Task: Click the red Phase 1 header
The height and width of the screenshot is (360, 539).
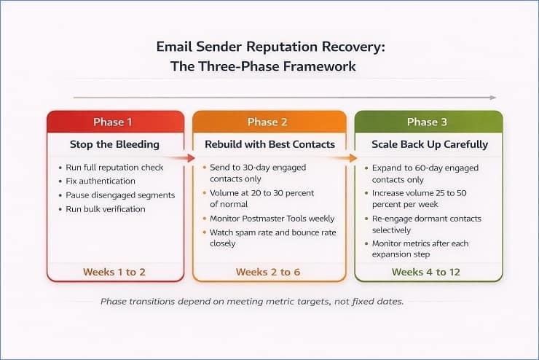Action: click(115, 122)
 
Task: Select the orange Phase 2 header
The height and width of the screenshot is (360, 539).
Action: click(269, 122)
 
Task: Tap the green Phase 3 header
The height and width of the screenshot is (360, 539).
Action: click(428, 122)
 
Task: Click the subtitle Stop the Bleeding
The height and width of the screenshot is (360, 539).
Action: click(115, 144)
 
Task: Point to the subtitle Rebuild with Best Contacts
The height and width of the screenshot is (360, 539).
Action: click(269, 144)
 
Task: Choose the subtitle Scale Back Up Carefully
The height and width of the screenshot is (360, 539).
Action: click(428, 144)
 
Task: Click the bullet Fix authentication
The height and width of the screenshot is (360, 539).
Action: click(101, 181)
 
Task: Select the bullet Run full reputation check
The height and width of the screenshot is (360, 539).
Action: click(115, 167)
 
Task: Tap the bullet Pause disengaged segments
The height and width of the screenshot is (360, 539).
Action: click(120, 195)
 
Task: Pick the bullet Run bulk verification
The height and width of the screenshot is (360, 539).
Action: click(106, 209)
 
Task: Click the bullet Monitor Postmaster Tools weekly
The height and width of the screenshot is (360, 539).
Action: click(272, 219)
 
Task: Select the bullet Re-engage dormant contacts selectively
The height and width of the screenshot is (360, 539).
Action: click(426, 224)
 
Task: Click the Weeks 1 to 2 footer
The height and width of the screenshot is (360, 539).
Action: click(114, 272)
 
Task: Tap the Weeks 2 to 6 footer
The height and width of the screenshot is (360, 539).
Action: click(269, 272)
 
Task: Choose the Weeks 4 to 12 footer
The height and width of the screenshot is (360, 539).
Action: click(428, 272)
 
